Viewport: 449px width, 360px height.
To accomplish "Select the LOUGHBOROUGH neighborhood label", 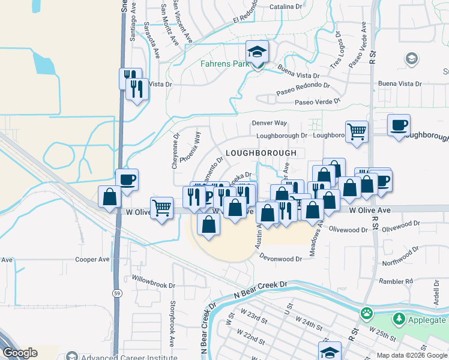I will click(261, 153).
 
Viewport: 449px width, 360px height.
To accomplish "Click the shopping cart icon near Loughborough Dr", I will click(357, 131).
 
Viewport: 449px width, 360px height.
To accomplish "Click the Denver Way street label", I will click(270, 123).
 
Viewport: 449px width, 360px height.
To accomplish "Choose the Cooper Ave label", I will click(92, 260).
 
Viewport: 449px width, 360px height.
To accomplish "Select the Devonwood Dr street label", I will click(280, 259).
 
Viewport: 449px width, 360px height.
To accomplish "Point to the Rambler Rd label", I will click(396, 281).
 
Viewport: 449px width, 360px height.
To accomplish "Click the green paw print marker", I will click(366, 313).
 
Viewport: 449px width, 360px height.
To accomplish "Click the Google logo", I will click(19, 353).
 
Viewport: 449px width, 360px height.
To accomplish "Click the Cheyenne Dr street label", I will click(176, 150).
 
